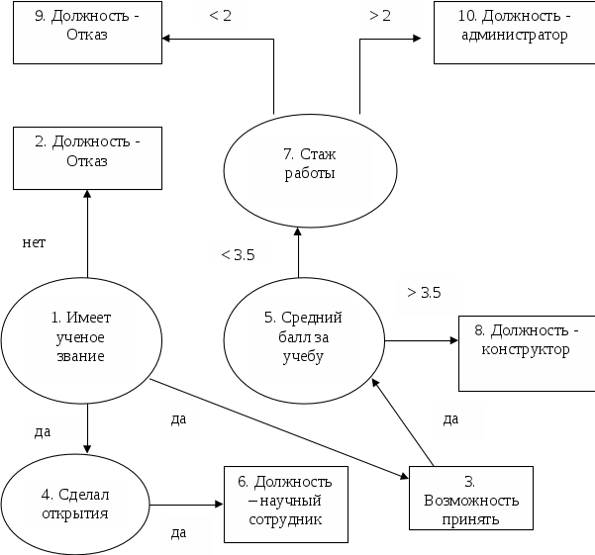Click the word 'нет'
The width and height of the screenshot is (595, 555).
click(34, 242)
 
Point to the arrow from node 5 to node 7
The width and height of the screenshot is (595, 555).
click(299, 247)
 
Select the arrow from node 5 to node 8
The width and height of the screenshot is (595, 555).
click(421, 342)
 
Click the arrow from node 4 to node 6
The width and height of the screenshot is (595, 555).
click(186, 504)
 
